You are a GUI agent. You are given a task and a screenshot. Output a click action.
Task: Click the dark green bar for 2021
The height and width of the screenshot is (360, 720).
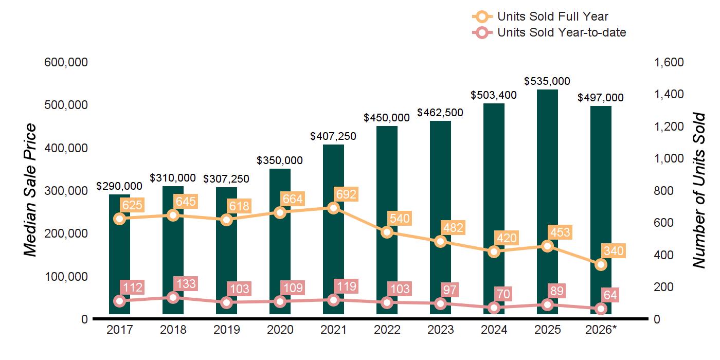[x=333, y=229]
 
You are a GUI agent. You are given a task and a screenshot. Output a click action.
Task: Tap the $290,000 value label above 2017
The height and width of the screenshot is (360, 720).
[x=119, y=186]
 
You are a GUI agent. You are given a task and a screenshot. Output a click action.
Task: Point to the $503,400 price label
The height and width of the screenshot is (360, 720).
[x=494, y=95]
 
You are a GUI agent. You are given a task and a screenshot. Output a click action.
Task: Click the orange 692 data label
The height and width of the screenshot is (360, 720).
[x=346, y=194]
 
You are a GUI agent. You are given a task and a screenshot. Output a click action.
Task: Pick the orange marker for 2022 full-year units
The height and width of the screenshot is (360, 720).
[x=387, y=232]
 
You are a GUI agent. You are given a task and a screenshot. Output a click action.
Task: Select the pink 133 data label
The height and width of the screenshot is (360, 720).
[x=186, y=284]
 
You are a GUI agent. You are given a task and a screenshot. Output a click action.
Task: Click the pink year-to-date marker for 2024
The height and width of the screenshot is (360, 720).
[x=494, y=308]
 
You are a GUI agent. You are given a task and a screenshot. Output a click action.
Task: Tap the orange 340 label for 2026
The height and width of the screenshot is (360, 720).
[x=614, y=251]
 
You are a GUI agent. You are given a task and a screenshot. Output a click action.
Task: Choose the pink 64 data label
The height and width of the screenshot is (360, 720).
[x=610, y=295]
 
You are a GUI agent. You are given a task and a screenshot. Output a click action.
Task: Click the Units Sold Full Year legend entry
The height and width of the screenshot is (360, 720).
[x=541, y=16]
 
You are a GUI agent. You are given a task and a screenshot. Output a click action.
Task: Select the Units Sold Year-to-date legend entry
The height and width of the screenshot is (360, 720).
[x=549, y=32]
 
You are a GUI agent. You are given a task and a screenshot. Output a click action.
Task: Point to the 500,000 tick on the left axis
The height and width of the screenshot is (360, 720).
[x=66, y=105]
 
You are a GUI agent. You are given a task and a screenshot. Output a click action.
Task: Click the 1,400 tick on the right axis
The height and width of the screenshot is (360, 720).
[x=669, y=94]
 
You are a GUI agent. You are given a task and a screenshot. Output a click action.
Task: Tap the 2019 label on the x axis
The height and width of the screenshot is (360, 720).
[x=227, y=330]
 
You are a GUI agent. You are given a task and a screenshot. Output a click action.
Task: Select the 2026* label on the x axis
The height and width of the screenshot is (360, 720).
[x=601, y=330]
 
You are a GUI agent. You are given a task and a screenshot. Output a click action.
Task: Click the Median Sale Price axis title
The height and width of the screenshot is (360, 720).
[x=30, y=190]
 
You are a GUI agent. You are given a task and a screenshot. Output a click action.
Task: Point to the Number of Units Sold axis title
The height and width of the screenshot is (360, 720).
[x=699, y=190]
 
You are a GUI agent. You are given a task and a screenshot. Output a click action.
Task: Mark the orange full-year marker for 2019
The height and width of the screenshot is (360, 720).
[x=227, y=220]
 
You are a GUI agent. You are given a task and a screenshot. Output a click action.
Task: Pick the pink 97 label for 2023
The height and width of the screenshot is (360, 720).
[x=449, y=290]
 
